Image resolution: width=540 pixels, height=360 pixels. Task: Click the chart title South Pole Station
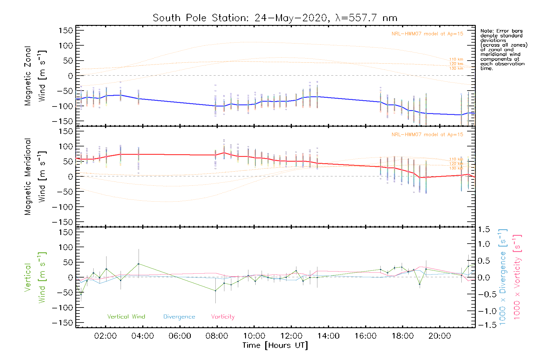275,18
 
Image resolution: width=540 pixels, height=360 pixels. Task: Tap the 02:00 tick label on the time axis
105,336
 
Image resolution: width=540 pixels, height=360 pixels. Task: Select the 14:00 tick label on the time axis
328,336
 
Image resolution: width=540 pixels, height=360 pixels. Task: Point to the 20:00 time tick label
439,336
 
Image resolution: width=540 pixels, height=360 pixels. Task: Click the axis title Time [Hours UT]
275,345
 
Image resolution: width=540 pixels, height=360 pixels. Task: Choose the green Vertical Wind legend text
126,317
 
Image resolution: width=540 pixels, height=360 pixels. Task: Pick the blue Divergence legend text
179,317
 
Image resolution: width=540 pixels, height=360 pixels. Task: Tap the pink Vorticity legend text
223,317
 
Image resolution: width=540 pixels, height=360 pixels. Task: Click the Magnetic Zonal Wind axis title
35,76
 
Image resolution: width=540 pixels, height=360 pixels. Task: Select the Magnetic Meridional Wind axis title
35,177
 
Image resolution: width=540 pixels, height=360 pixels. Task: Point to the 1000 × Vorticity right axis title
517,277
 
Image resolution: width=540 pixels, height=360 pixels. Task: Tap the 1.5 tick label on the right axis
484,229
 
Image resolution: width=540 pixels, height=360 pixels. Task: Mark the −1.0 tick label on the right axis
484,311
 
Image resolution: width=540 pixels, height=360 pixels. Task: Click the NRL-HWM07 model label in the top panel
427,34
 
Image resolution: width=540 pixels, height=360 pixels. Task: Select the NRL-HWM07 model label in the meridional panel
427,135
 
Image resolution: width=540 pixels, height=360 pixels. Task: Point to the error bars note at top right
503,49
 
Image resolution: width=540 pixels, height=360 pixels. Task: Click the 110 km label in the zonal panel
456,59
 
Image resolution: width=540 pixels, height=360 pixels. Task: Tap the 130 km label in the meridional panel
456,168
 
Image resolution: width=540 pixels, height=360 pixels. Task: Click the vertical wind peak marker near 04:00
138,264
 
